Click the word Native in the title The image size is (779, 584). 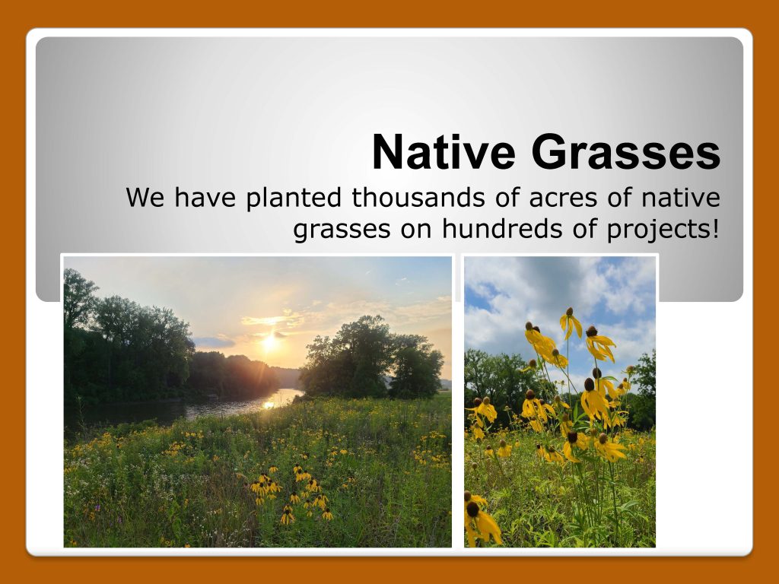pos(444,152)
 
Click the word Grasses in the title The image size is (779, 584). pos(626,152)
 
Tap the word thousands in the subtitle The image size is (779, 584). pos(418,197)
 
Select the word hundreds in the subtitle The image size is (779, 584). pos(502,229)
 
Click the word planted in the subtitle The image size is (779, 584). pos(294,198)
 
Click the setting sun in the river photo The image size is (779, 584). pos(270,341)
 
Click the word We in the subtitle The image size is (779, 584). pos(145,197)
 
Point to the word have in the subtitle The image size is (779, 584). pos(205,197)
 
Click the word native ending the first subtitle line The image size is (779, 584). pos(681,197)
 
